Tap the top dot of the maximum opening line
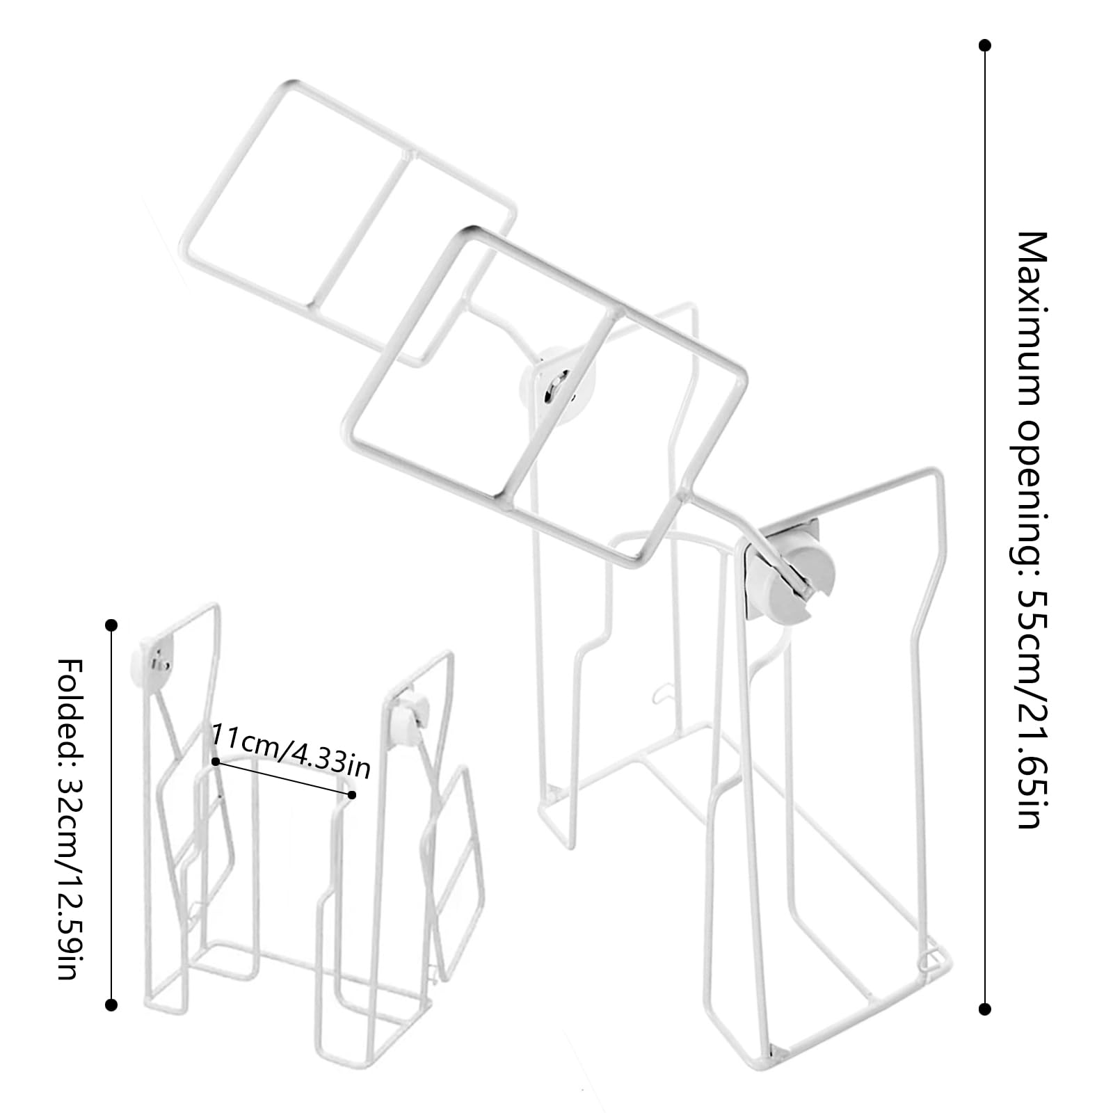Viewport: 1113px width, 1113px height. point(984,46)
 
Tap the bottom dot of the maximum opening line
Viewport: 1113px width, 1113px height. point(984,1009)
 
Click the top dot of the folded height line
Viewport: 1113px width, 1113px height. point(111,625)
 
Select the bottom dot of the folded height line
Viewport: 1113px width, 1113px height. point(111,1004)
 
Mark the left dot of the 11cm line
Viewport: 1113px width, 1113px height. point(216,762)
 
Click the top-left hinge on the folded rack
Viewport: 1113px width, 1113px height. point(152,658)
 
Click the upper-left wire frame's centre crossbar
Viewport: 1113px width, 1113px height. point(361,227)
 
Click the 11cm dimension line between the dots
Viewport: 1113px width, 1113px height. point(284,778)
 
